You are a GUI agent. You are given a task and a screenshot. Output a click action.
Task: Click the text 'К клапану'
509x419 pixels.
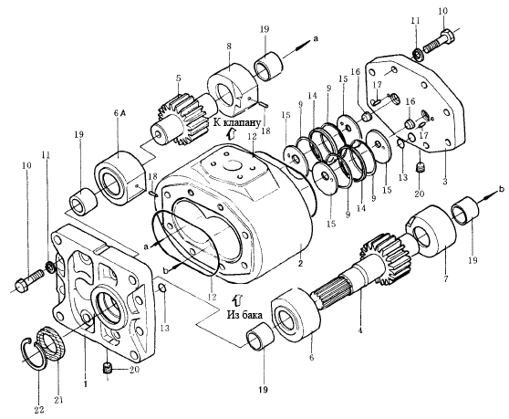[237, 122]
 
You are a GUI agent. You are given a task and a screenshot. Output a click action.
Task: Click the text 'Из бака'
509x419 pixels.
[244, 314]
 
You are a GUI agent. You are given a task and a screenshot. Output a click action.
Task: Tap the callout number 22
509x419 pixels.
[39, 410]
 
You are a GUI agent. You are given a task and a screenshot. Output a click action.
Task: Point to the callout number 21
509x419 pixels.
[58, 400]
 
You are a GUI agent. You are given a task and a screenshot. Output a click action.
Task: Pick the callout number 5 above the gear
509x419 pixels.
[178, 79]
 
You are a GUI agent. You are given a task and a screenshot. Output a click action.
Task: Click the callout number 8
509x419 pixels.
[229, 47]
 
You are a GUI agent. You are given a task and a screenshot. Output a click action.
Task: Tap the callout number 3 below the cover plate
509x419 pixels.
[445, 182]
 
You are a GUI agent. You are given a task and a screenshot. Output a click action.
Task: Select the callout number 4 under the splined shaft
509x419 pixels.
[359, 331]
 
